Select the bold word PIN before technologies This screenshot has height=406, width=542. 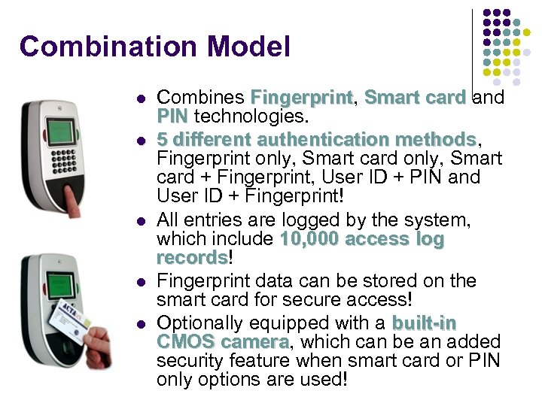click(172, 117)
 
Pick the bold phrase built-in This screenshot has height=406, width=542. click(424, 323)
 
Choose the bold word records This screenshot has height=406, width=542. click(191, 258)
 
